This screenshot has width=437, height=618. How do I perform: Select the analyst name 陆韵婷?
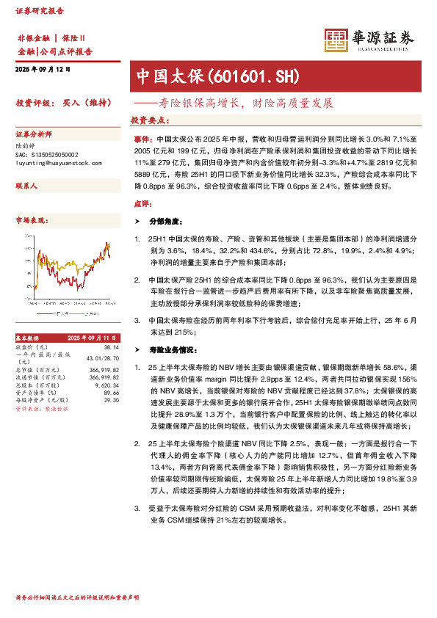point(26,148)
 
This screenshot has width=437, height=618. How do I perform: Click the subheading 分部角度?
point(163,221)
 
